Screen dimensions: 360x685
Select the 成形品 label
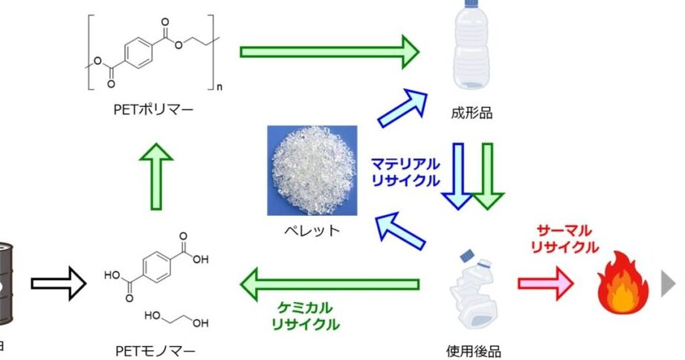point(472,113)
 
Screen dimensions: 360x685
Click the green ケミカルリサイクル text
point(305,315)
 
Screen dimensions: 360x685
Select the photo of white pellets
point(312,171)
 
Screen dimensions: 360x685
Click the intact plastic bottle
point(473,48)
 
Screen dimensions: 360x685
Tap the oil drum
point(6,283)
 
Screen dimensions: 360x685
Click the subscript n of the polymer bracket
point(219,87)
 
